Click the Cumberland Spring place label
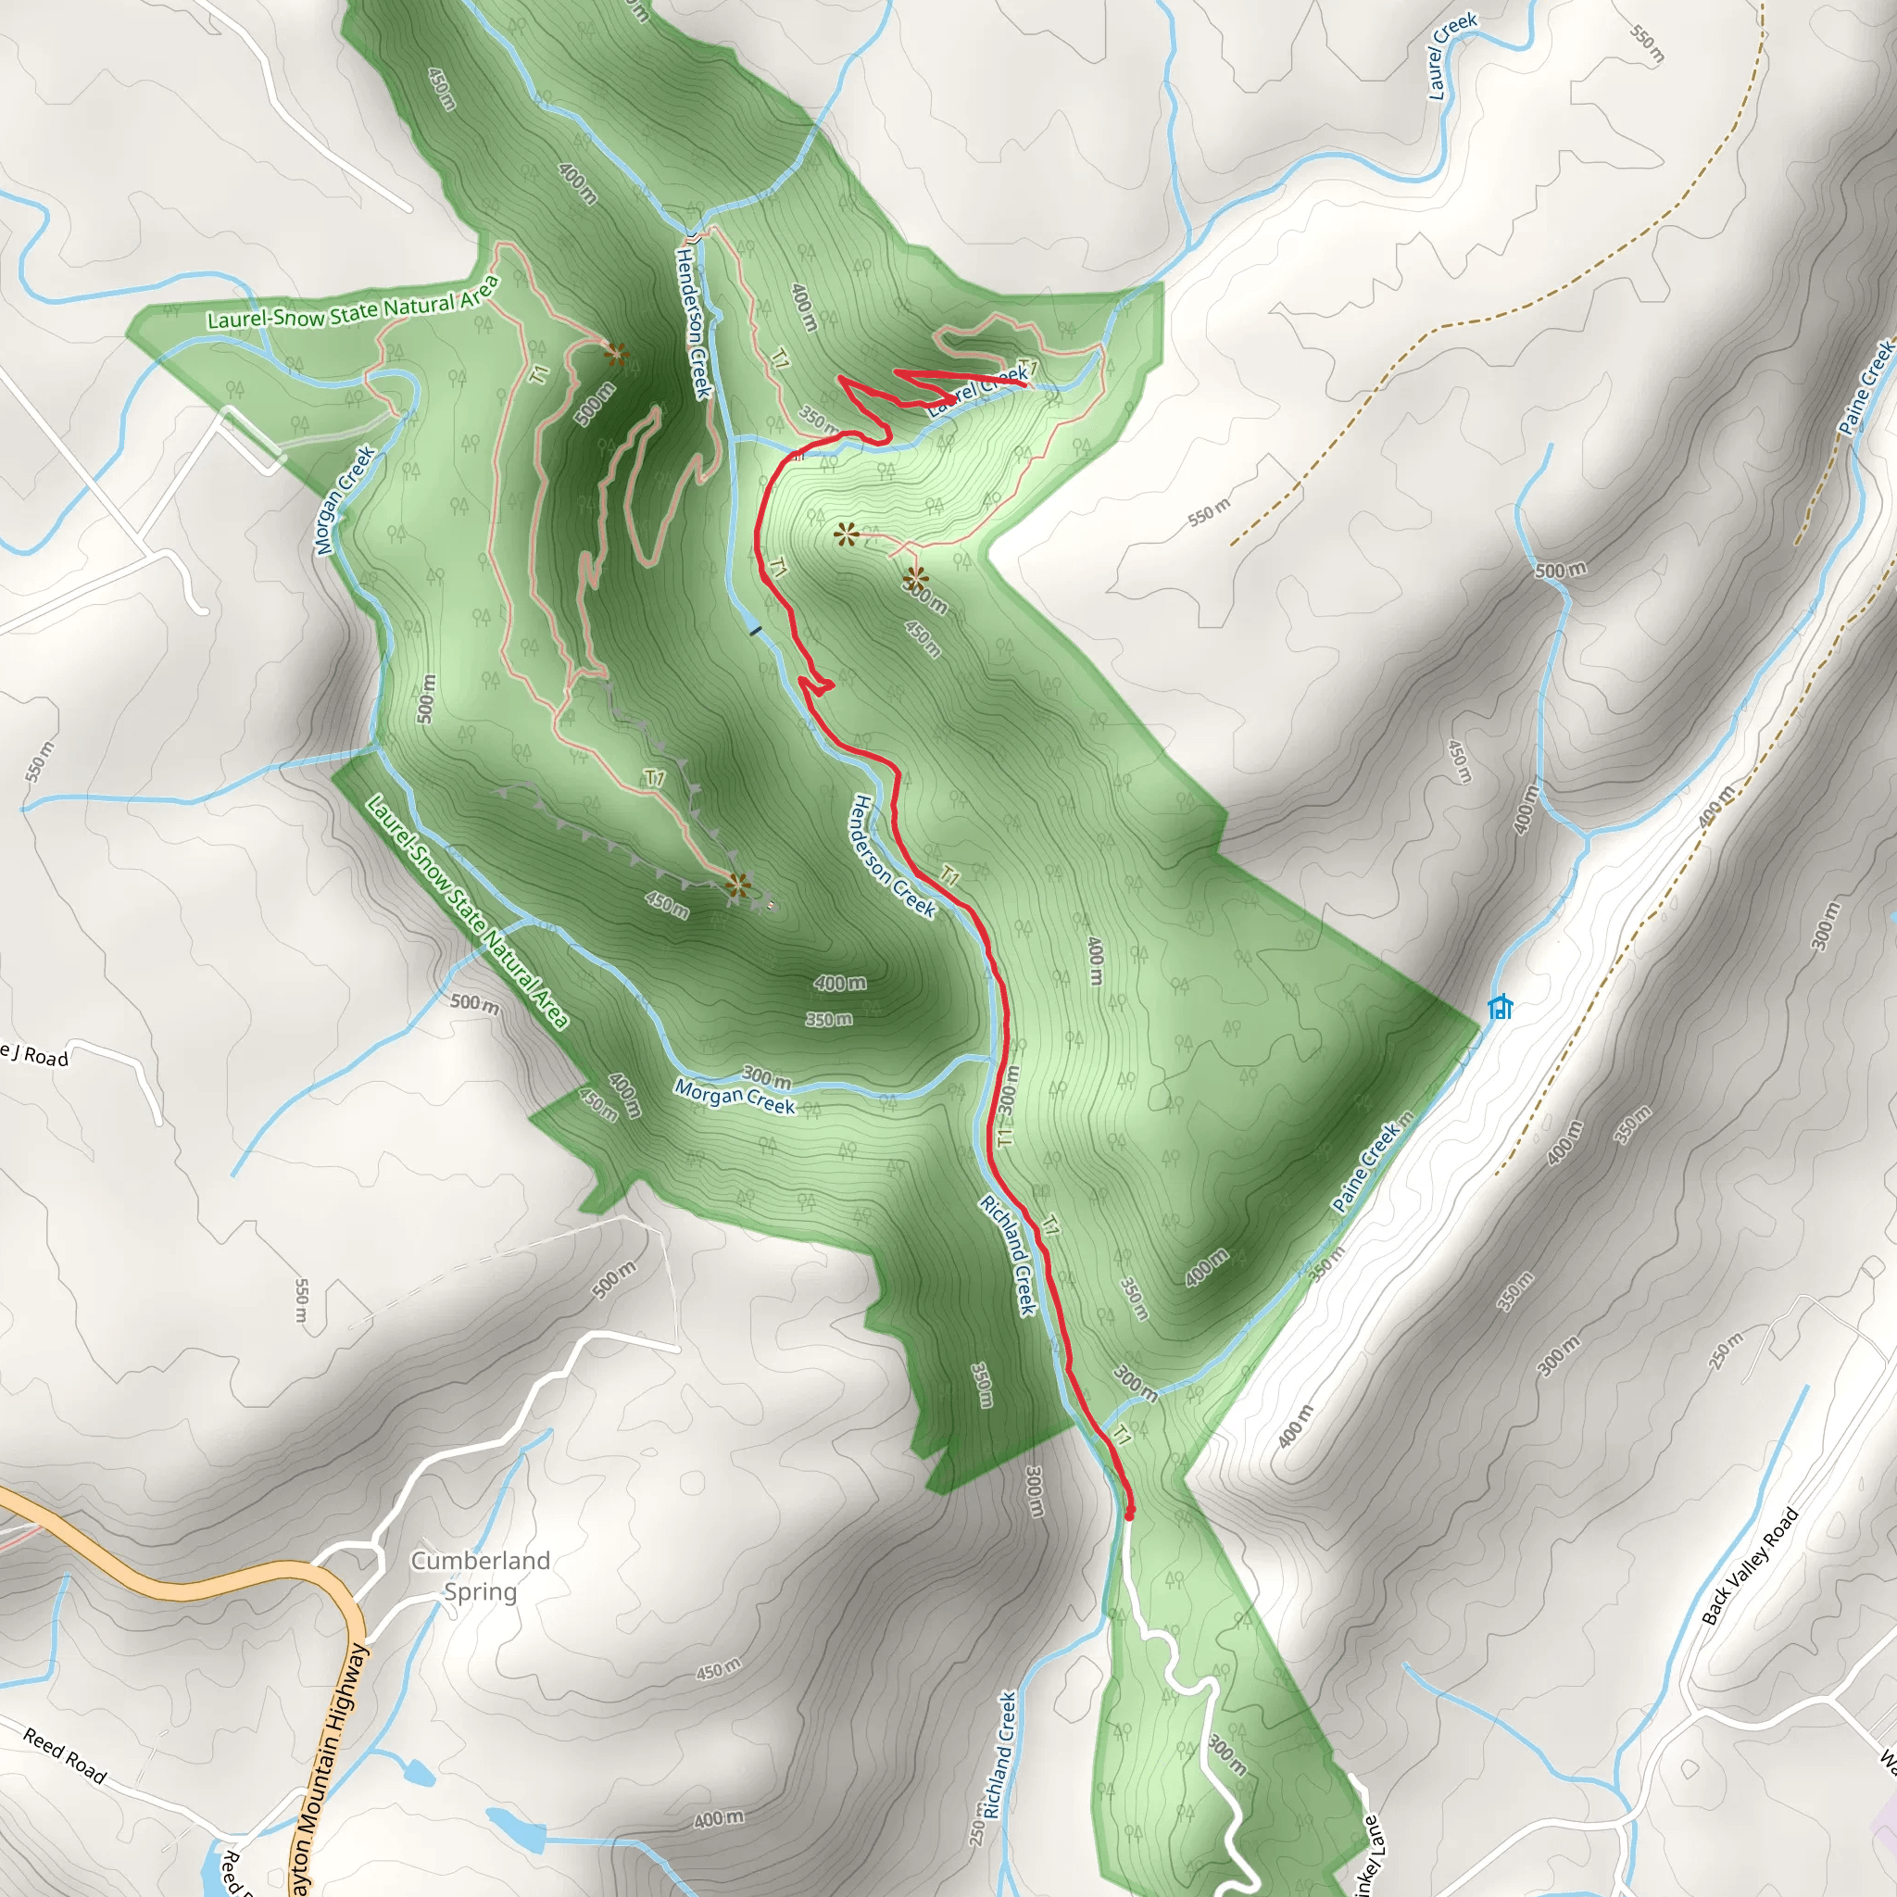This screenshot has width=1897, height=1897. point(480,1575)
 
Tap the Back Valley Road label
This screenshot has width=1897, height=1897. point(1749,1566)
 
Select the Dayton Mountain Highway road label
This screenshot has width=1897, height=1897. point(331,1767)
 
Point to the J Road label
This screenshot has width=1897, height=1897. point(35,1054)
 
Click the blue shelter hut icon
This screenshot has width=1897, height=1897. point(1500,1007)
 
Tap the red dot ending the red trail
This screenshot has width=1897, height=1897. point(1128,1515)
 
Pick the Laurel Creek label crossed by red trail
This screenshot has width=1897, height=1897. point(978,390)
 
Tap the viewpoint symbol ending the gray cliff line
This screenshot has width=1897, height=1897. point(738,886)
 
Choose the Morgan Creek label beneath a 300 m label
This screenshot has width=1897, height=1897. point(735,1098)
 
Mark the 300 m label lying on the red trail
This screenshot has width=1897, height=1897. point(1009,1090)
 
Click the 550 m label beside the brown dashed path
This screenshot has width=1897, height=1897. point(1209,511)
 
